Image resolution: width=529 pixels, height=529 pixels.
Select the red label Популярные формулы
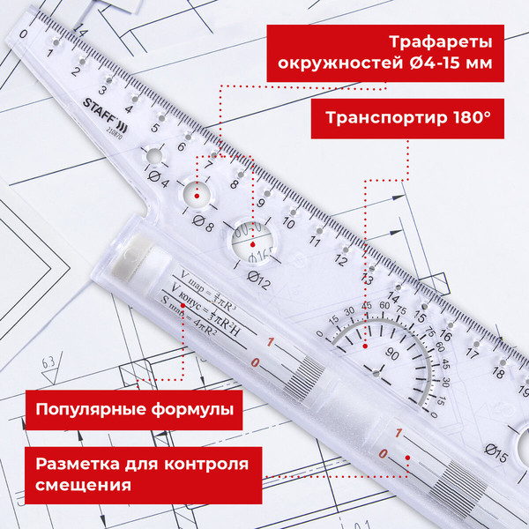coord(134,409)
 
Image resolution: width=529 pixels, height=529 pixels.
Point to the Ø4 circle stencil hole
coord(155,157)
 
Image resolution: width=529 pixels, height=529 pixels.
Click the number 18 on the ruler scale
coord(499,373)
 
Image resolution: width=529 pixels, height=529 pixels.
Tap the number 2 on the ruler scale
coord(77,73)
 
